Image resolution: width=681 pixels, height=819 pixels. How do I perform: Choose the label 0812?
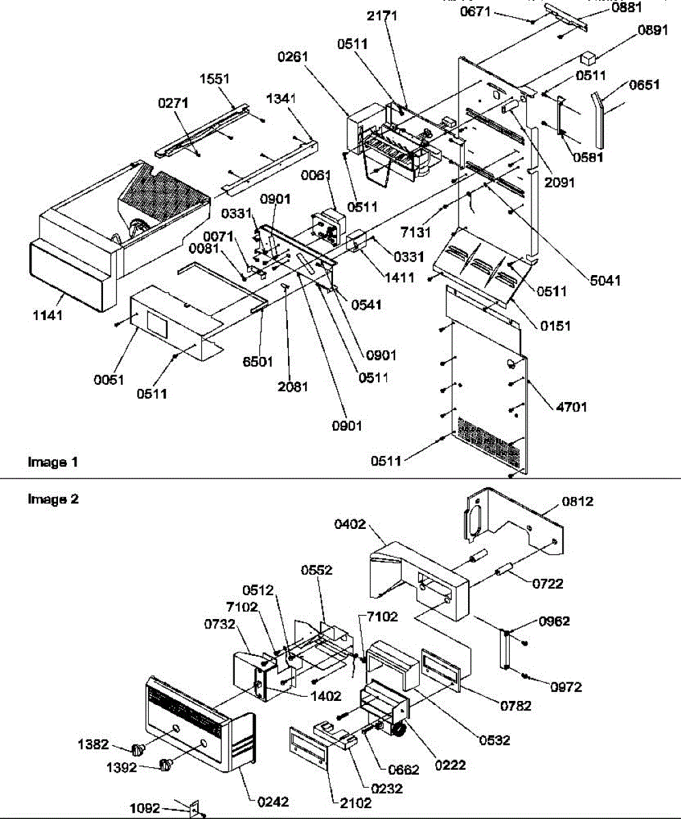(x=577, y=502)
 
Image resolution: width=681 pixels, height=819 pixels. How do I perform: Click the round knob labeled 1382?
(x=139, y=750)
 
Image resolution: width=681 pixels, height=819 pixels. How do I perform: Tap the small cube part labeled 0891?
(x=588, y=56)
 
